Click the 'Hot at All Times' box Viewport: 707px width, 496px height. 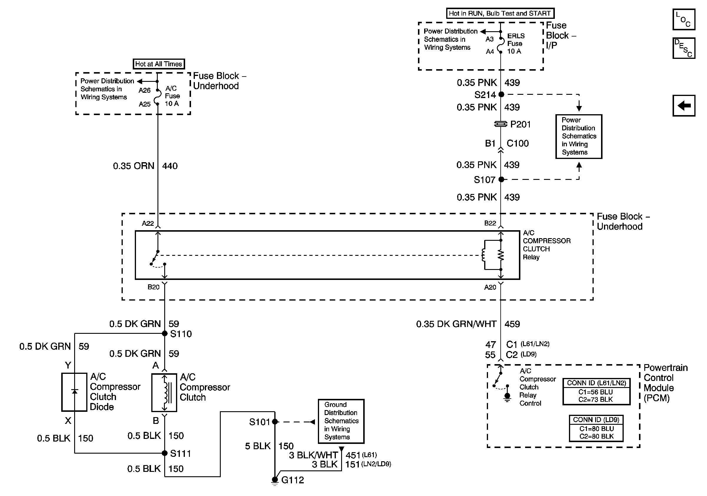click(159, 64)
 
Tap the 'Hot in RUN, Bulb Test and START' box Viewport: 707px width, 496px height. click(500, 13)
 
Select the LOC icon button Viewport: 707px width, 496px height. click(683, 19)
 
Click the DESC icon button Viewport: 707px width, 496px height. click(683, 48)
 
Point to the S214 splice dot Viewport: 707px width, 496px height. click(501, 94)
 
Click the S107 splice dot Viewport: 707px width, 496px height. click(501, 179)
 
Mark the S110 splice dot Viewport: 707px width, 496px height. click(165, 334)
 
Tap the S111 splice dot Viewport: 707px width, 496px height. click(165, 453)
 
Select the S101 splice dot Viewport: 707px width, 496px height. click(275, 422)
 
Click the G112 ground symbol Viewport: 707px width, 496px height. click(275, 480)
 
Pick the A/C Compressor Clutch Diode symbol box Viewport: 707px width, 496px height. click(74, 392)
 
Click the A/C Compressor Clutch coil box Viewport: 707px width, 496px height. click(164, 393)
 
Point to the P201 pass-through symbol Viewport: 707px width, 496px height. click(501, 124)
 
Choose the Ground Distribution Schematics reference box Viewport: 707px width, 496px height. click(341, 421)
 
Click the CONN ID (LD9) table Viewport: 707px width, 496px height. click(596, 428)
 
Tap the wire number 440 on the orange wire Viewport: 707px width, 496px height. click(170, 166)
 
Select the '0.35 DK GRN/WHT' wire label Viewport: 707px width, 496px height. click(456, 324)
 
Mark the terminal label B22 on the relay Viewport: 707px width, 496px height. click(490, 223)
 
